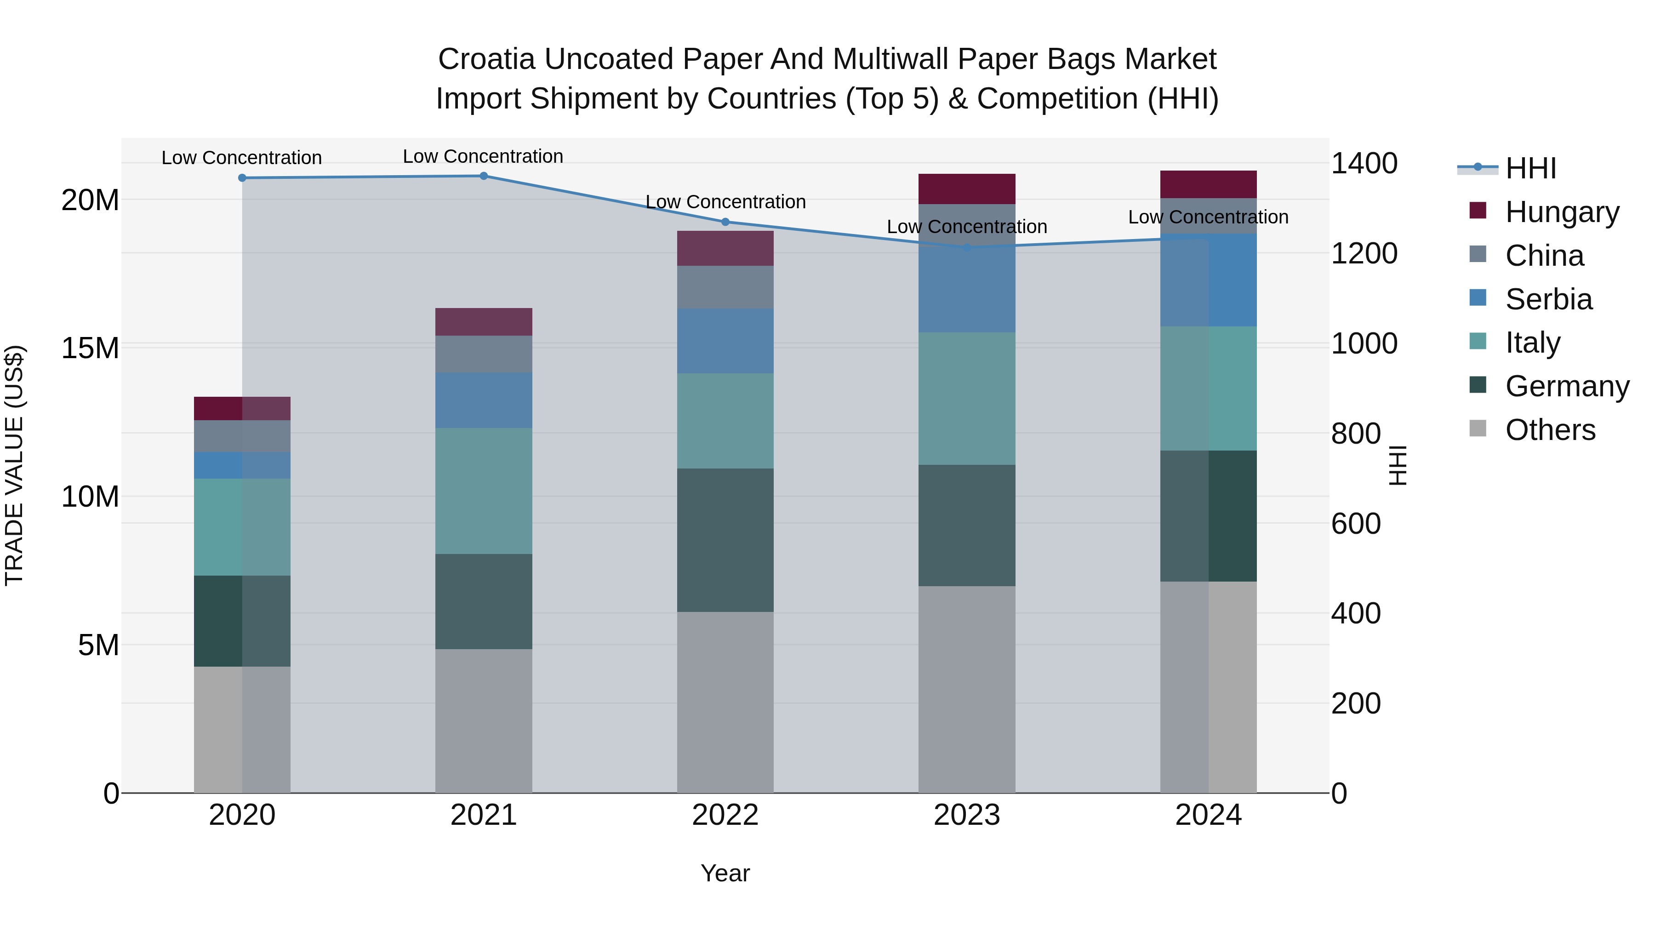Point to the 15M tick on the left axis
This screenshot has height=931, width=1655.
90,348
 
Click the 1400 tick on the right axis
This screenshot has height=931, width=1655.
1364,163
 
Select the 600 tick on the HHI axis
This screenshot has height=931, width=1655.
1356,524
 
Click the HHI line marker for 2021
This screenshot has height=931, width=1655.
484,176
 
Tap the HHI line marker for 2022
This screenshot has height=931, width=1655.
725,222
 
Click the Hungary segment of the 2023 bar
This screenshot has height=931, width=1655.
966,189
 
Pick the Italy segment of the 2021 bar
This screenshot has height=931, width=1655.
483,491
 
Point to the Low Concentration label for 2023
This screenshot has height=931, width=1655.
966,227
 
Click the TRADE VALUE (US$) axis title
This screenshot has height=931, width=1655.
14,465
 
